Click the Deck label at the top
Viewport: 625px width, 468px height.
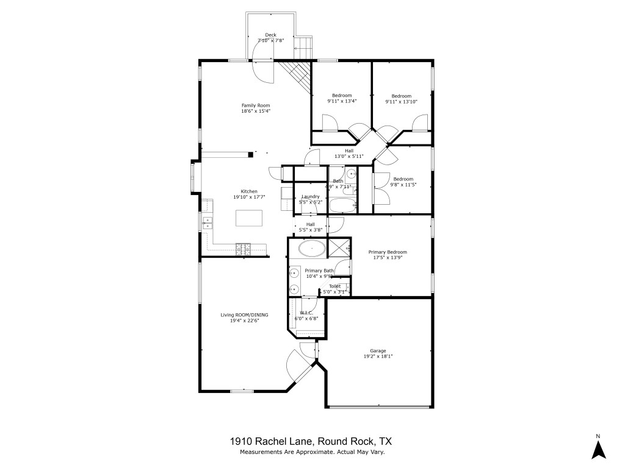tap(271, 35)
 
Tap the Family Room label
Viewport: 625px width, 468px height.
tap(255, 105)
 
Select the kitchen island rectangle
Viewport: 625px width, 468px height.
tap(250, 218)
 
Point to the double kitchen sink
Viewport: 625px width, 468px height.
tap(207, 222)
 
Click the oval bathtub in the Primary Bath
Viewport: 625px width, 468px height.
tap(312, 248)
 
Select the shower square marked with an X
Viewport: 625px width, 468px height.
tap(338, 248)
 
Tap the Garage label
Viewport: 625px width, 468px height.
tap(378, 350)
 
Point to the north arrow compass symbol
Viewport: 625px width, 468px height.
tap(599, 448)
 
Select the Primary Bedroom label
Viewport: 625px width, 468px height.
tap(387, 252)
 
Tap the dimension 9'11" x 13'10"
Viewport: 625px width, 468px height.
tap(401, 102)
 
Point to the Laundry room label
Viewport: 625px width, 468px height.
tap(311, 196)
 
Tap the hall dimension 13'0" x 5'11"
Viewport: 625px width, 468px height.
tap(349, 157)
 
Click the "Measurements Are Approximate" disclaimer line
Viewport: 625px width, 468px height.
tap(312, 452)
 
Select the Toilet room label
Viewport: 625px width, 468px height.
tap(334, 286)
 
